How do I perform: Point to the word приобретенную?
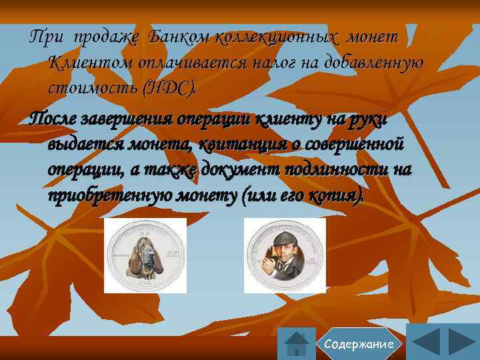[109, 195]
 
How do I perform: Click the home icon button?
[296, 343]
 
